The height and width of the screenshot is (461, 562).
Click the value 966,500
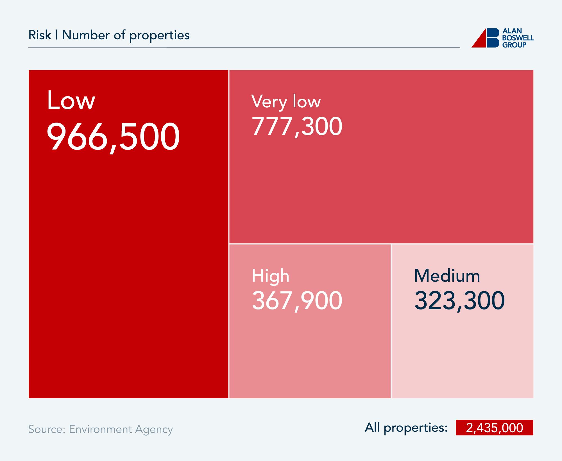coord(113,137)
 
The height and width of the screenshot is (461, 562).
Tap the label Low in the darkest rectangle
coord(71,100)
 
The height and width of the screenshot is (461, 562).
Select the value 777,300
coord(297,126)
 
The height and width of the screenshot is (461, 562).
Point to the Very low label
coord(286,101)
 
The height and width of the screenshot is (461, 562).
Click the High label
coord(270,276)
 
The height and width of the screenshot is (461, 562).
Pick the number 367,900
coord(297,300)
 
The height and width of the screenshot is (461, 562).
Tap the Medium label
coord(447,276)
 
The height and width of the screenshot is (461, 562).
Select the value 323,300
coord(459,300)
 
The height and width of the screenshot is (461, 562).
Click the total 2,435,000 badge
coord(494,428)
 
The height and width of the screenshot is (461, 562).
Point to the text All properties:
coord(406,428)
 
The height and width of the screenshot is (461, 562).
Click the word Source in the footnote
coord(47,429)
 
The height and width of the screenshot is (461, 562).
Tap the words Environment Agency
coord(121,429)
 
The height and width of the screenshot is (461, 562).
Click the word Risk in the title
coord(40,35)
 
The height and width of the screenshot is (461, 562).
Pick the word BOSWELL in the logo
coord(518,38)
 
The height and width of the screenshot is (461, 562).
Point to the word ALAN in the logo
coord(512,31)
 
